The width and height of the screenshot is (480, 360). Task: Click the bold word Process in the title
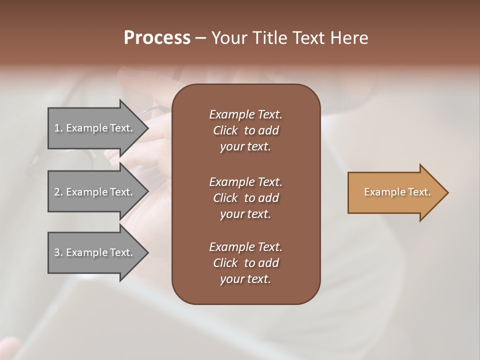point(157,38)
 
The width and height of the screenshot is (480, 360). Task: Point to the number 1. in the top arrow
point(58,128)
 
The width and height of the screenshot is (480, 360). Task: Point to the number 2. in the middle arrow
point(58,192)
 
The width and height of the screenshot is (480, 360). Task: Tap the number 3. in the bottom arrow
point(58,252)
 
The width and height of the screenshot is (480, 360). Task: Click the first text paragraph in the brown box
point(245,130)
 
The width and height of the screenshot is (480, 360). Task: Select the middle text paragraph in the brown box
point(245,197)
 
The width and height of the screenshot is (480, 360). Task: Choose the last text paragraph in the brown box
point(245,262)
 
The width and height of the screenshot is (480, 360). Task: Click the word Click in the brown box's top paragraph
point(225,130)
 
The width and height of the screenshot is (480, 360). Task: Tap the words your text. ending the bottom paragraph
point(245,279)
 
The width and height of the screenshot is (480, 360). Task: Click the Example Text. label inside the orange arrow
point(397,192)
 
